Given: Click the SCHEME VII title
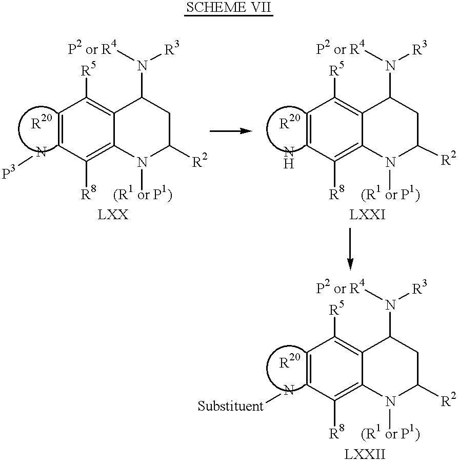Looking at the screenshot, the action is pyautogui.click(x=229, y=7).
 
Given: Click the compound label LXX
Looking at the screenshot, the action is pyautogui.click(x=113, y=215).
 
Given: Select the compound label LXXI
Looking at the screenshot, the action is pyautogui.click(x=367, y=215).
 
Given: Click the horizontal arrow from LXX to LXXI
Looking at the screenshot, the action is pyautogui.click(x=231, y=131).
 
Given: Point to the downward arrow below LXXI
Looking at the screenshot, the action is pyautogui.click(x=350, y=249).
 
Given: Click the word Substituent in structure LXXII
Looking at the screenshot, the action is pyautogui.click(x=230, y=406).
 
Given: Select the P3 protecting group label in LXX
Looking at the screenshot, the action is pyautogui.click(x=8, y=172).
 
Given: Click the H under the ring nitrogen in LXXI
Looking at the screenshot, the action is pyautogui.click(x=289, y=164).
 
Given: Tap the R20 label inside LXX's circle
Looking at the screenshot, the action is pyautogui.click(x=42, y=122).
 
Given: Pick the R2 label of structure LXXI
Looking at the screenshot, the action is pyautogui.click(x=449, y=158).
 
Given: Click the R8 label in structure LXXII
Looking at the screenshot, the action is pyautogui.click(x=336, y=432).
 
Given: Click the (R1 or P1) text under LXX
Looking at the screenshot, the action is pyautogui.click(x=143, y=193).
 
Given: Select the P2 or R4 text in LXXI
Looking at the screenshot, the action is pyautogui.click(x=341, y=48).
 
